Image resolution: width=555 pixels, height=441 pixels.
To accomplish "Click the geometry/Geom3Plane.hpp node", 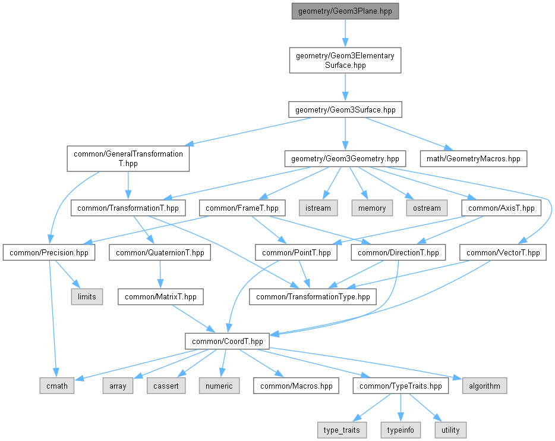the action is (345, 11).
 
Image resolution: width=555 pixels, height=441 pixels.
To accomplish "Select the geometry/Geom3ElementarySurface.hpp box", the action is (345, 60).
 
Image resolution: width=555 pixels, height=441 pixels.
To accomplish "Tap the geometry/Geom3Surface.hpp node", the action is (345, 110).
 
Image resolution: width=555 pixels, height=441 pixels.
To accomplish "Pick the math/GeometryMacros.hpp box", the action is (473, 158).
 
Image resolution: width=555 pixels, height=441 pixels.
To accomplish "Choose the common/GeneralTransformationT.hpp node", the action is (128, 158).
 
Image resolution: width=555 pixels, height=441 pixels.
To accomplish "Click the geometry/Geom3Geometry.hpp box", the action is (345, 158).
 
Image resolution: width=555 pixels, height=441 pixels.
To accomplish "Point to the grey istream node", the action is (318, 208).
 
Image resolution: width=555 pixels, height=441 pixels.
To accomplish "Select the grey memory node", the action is (372, 208).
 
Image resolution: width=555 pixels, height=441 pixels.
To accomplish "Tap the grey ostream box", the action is (427, 208).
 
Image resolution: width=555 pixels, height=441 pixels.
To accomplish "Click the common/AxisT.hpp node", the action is (501, 208).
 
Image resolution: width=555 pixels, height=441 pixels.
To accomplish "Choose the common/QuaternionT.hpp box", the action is (160, 252).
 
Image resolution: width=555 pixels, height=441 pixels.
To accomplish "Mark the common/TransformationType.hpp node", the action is (313, 297).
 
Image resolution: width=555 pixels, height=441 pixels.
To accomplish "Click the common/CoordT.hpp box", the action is (227, 341).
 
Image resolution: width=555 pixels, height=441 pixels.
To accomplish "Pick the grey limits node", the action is (87, 297).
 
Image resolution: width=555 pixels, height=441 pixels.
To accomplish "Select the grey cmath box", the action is (57, 386).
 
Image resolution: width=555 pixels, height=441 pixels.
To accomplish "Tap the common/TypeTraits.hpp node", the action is (401, 386).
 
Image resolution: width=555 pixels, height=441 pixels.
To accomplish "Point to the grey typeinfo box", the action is (401, 430).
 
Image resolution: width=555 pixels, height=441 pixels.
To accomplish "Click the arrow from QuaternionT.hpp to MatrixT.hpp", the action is (160, 275).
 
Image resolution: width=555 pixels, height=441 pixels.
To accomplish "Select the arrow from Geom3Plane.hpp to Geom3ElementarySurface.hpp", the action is (345, 33).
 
